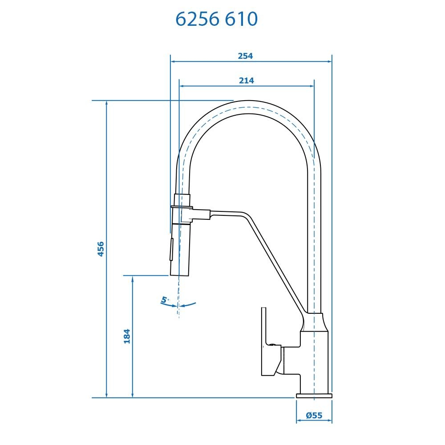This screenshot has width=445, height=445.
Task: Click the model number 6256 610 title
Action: pos(217,19)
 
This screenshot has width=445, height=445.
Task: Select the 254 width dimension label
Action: pos(245,56)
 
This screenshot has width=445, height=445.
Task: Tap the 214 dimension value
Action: pos(246,81)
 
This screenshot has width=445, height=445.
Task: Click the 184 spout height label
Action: pos(127,336)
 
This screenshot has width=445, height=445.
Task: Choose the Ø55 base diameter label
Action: pos(314,416)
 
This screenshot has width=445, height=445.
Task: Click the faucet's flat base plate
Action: pos(314,395)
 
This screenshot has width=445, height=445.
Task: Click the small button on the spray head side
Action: pos(170,250)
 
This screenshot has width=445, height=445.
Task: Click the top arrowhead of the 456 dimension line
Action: pos(106,104)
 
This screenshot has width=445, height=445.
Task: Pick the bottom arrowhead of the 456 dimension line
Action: pos(106,395)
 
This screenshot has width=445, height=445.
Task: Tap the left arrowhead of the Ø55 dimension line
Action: pos(299,421)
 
